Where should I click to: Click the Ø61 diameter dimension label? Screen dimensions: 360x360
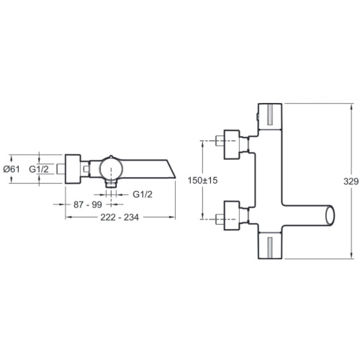tap(12, 169)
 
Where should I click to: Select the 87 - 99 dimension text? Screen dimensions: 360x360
tap(88, 204)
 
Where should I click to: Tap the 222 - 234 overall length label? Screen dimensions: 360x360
tap(120, 217)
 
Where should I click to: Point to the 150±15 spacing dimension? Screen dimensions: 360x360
tap(202, 180)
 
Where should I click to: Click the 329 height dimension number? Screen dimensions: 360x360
tap(351, 181)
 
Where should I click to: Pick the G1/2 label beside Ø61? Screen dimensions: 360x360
tap(39, 169)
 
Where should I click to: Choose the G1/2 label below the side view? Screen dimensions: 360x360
tap(143, 194)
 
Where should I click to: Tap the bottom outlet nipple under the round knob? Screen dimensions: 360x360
tap(111, 184)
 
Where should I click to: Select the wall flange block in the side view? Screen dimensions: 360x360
tap(73, 169)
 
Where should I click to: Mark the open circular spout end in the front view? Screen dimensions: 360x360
tap(330, 215)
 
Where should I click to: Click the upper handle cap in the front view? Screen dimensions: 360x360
tap(270, 117)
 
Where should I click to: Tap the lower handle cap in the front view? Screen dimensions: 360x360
tap(270, 246)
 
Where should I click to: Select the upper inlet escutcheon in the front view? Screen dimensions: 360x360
tap(232, 145)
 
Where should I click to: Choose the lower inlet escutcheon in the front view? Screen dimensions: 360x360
tap(232, 215)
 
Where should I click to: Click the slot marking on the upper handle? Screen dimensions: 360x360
tap(270, 114)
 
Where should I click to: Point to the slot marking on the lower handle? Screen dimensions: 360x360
tap(270, 248)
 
